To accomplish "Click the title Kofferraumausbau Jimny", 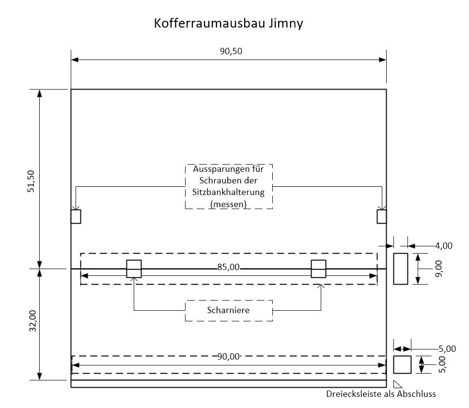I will pos(228,23).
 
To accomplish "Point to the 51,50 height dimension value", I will pos(32,181).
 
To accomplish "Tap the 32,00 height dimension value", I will pos(32,321).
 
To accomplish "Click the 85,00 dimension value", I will pos(229,267).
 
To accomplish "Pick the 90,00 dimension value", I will pos(229,357).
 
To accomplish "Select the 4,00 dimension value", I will pos(444,246).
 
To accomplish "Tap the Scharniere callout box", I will pos(228,310).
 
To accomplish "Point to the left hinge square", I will pos(134,269).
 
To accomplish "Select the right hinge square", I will pos(318,269).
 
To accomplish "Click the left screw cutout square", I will pos(76,216).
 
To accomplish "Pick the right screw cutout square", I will pos(382,216).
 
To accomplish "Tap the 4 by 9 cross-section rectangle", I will pos(400,269).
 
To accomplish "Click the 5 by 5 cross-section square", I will pos(402,364).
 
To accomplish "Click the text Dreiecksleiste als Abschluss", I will pos(381,394).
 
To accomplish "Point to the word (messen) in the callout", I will pos(228,204).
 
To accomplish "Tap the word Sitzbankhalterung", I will pos(228,192).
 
